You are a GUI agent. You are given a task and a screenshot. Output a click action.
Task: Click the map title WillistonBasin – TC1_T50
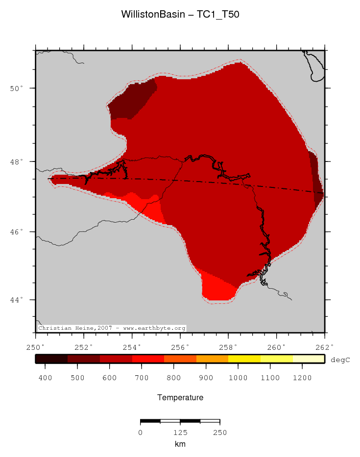(x=180, y=15)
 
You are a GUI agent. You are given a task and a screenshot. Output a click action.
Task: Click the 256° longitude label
(x=180, y=347)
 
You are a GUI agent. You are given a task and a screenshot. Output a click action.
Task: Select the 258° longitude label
(x=228, y=347)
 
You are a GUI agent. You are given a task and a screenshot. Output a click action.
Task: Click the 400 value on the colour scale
(x=45, y=378)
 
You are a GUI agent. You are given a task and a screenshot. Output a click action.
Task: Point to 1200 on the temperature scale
(x=302, y=378)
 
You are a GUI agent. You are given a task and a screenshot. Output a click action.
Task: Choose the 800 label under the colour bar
(x=174, y=378)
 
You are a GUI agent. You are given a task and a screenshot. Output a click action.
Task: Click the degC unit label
(x=340, y=360)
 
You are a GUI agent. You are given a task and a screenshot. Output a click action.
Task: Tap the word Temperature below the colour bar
(x=180, y=398)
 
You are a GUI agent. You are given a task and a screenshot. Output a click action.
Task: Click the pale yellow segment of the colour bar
(x=309, y=359)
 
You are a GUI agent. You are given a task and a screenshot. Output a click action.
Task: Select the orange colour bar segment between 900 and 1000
(x=212, y=359)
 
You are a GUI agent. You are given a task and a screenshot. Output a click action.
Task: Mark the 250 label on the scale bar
(x=220, y=433)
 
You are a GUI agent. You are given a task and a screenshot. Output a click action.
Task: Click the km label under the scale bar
(x=180, y=444)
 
